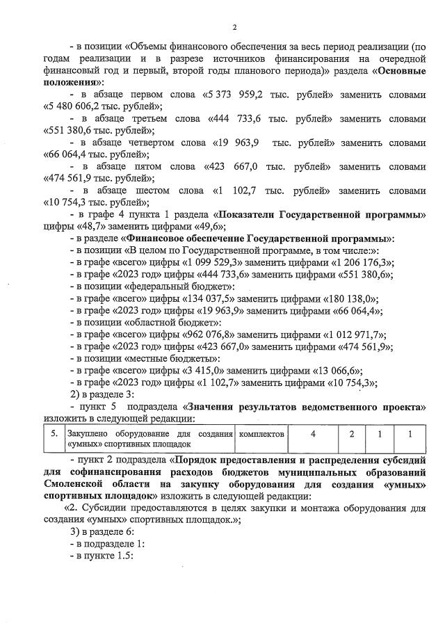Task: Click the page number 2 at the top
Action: (234, 27)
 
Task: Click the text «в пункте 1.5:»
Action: (104, 556)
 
